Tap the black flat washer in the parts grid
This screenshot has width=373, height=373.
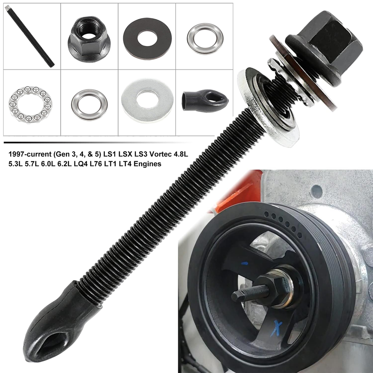click(x=147, y=37)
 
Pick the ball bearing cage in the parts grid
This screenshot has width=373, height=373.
click(x=30, y=105)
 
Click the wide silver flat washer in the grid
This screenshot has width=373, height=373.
click(x=147, y=101)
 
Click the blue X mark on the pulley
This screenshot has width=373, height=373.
click(x=277, y=329)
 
